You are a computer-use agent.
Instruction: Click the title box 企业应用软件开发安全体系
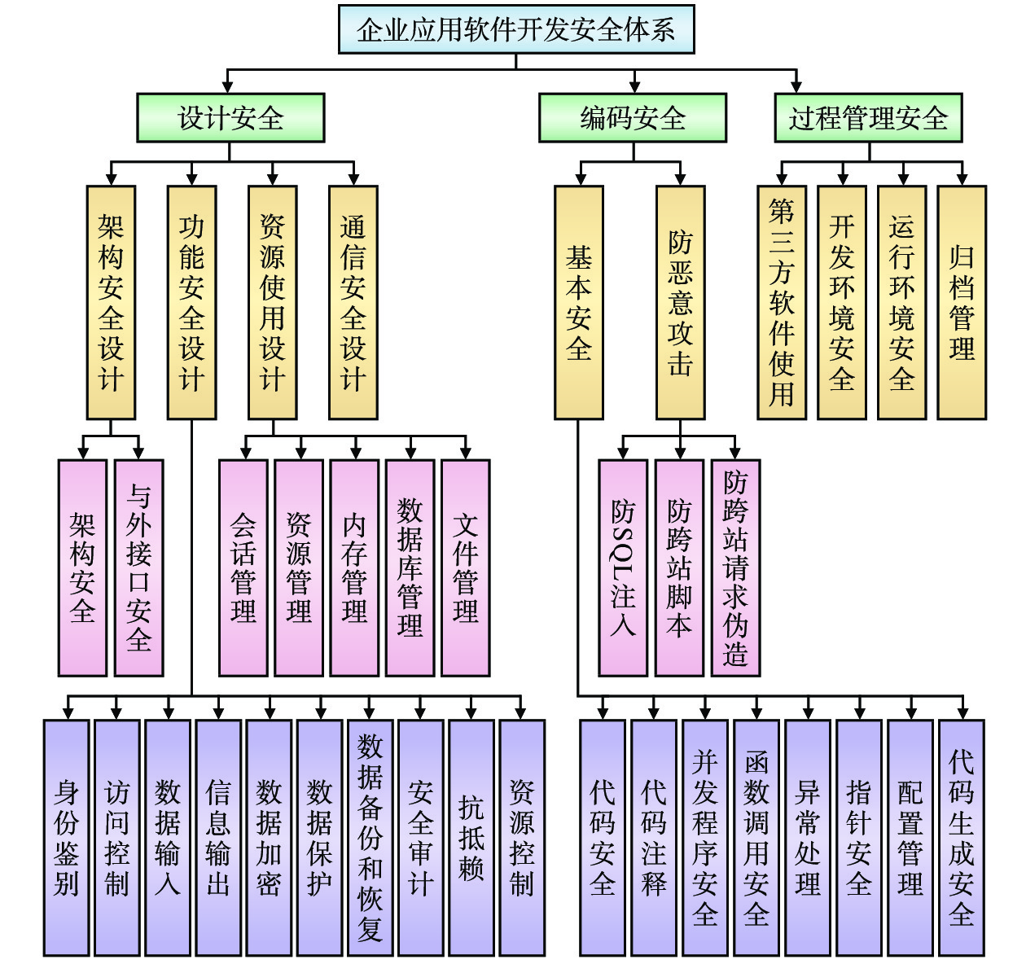(516, 29)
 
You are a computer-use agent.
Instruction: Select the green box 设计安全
(230, 118)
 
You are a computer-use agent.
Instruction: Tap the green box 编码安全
(633, 118)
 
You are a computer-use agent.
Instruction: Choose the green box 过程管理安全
(868, 118)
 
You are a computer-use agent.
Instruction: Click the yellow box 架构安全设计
(111, 302)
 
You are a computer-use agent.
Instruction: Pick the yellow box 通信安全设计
(353, 302)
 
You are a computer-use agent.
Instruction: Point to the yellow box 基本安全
(579, 302)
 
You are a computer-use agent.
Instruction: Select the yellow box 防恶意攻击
(680, 302)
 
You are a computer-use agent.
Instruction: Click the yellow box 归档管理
(962, 302)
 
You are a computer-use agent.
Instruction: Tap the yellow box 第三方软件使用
(782, 302)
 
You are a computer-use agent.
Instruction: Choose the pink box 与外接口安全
(138, 567)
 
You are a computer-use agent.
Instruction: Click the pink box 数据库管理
(410, 567)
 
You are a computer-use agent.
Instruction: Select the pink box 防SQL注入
(623, 567)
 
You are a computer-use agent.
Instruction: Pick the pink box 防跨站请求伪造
(735, 567)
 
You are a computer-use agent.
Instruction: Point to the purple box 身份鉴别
(67, 837)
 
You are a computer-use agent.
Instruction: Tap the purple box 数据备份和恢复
(370, 837)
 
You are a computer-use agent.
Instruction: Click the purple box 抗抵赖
(471, 837)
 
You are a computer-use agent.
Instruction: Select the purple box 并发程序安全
(705, 837)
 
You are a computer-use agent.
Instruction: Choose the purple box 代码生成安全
(961, 837)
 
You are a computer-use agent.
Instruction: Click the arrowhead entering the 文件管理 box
(466, 454)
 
